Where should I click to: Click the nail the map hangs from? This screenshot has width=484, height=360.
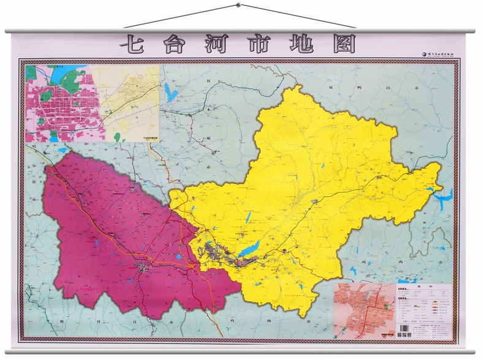click(x=239, y=6)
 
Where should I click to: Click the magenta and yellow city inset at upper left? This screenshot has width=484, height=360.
click(x=92, y=103)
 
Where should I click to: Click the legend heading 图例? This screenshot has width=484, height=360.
click(x=423, y=288)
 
